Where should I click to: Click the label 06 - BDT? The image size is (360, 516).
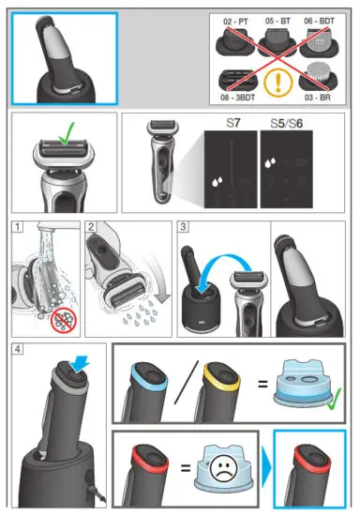pyautogui.click(x=322, y=20)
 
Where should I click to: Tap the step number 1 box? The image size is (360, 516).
pyautogui.click(x=17, y=226)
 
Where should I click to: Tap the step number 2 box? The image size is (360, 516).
pyautogui.click(x=91, y=226)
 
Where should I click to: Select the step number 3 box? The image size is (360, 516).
pyautogui.click(x=183, y=226)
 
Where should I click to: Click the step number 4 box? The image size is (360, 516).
pyautogui.click(x=17, y=350)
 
